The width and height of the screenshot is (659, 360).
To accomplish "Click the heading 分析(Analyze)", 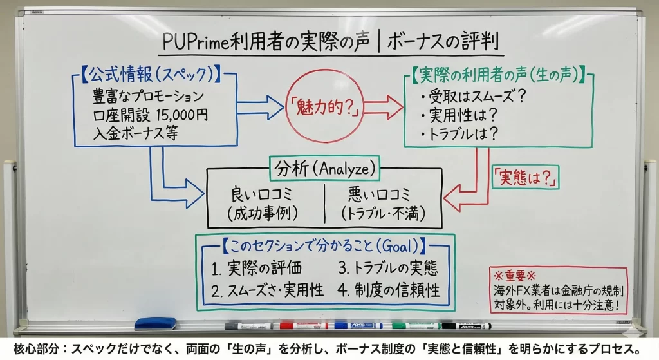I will click(324, 169).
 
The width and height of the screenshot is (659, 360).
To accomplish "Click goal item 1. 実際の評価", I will click(256, 268).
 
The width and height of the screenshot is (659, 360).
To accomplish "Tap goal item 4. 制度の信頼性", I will click(389, 290).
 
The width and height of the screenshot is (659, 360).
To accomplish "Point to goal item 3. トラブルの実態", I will click(388, 268).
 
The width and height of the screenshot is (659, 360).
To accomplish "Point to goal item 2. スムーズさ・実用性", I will click(268, 290).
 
